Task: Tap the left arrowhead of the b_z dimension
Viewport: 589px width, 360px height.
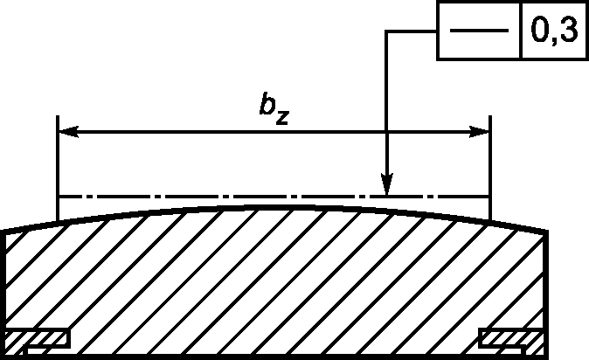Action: tap(65, 132)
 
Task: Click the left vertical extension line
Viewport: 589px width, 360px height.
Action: tap(58, 166)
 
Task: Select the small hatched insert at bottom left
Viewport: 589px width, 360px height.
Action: tap(38, 338)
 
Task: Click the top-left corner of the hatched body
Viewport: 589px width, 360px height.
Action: tap(6, 231)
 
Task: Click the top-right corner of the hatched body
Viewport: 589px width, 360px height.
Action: tap(547, 232)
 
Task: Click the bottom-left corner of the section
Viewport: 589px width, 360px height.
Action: tap(6, 356)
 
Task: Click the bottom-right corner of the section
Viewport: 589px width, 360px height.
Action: tap(547, 356)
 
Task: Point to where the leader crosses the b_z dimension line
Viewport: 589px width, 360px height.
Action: tap(386, 132)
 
